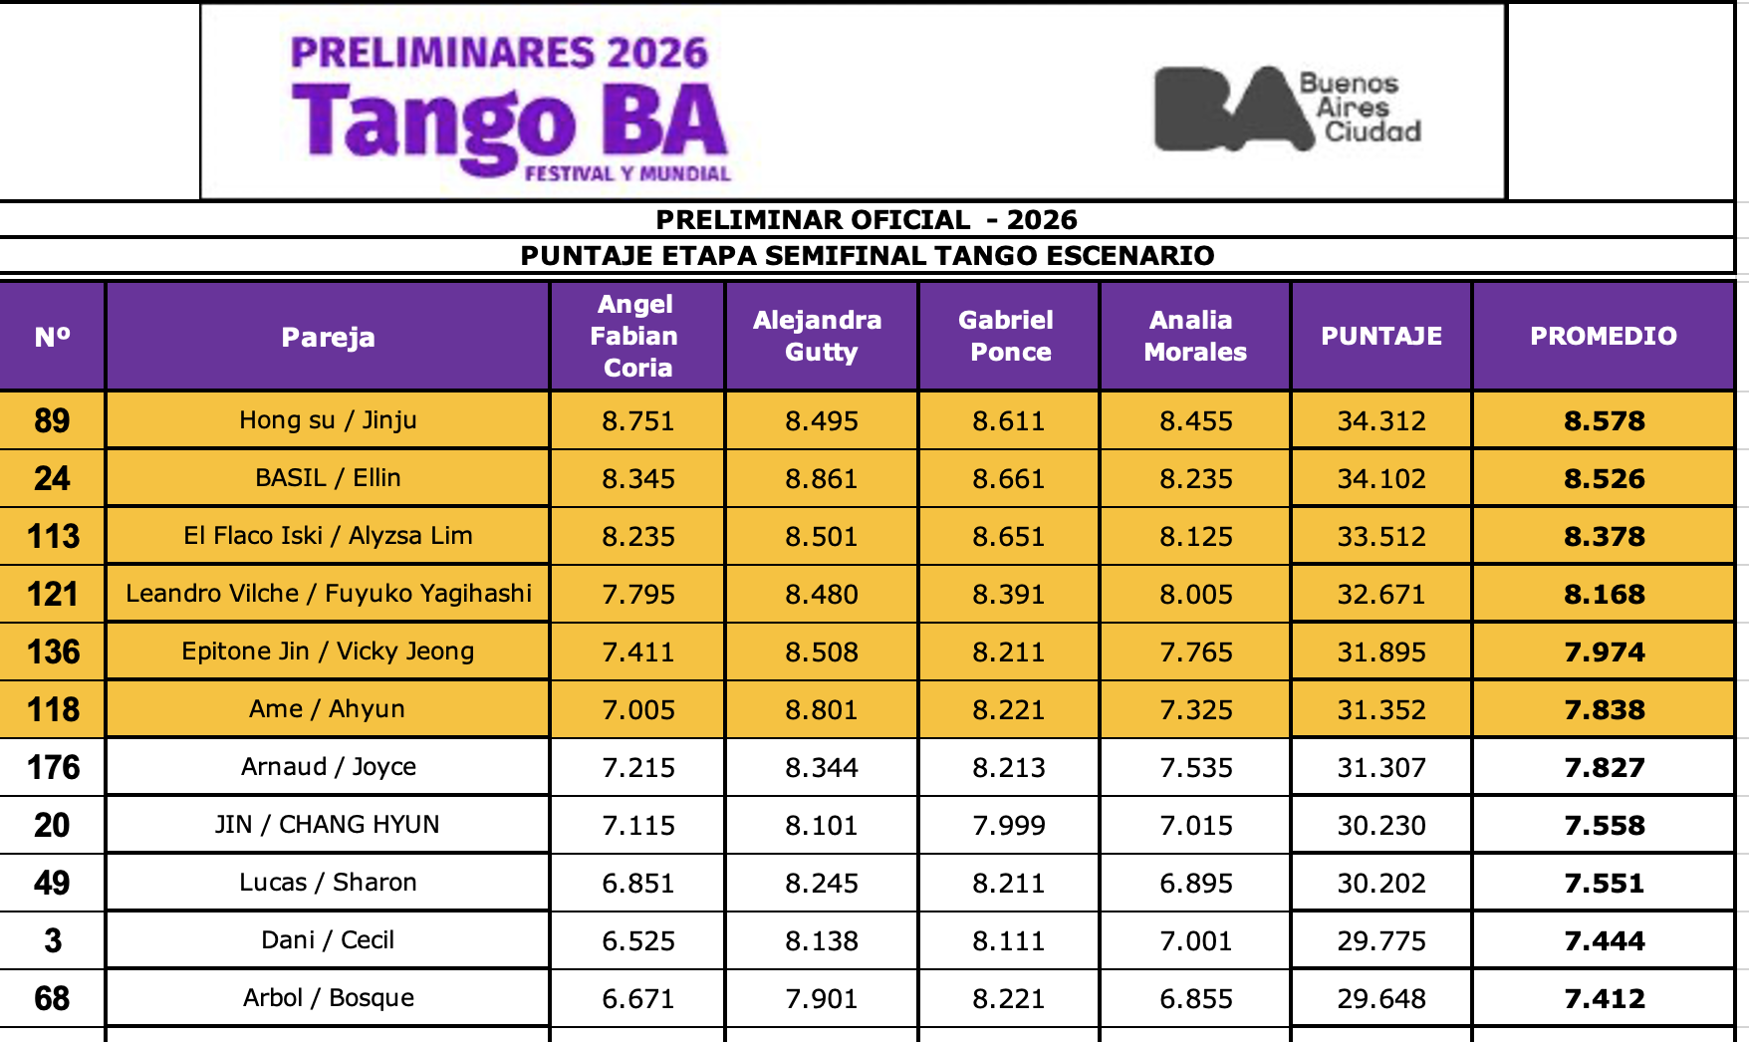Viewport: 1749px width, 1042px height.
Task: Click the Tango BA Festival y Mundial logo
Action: point(511,108)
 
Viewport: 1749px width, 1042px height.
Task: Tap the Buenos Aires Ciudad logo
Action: point(1288,108)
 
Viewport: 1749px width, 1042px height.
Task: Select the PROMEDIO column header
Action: point(1604,336)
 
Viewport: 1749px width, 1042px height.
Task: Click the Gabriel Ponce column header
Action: point(1008,336)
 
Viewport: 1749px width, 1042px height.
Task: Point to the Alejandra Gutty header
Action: point(818,336)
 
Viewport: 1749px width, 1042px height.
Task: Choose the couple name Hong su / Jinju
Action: point(328,420)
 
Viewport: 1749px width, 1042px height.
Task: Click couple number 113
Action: point(53,536)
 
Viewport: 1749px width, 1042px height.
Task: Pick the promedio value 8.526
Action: point(1605,478)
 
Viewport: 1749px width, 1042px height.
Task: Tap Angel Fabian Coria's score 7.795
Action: point(638,594)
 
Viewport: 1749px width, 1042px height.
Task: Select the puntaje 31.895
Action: point(1381,651)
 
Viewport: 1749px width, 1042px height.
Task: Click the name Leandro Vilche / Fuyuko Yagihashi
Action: point(329,594)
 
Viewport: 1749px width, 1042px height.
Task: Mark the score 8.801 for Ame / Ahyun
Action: point(822,709)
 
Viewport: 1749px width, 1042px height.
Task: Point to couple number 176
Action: point(53,767)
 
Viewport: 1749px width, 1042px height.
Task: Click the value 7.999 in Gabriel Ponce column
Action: point(1009,825)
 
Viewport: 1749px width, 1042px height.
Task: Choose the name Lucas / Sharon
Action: point(328,883)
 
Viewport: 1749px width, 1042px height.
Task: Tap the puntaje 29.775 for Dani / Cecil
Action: point(1381,940)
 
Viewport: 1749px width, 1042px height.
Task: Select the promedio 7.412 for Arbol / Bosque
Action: point(1605,998)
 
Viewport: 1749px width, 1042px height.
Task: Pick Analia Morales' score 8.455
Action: point(1196,420)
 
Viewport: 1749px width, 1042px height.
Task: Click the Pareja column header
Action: point(328,337)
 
